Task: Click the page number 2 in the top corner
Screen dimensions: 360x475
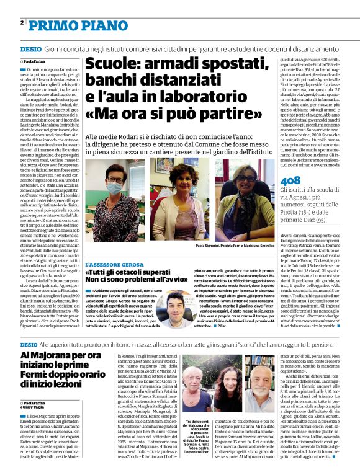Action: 22,22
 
